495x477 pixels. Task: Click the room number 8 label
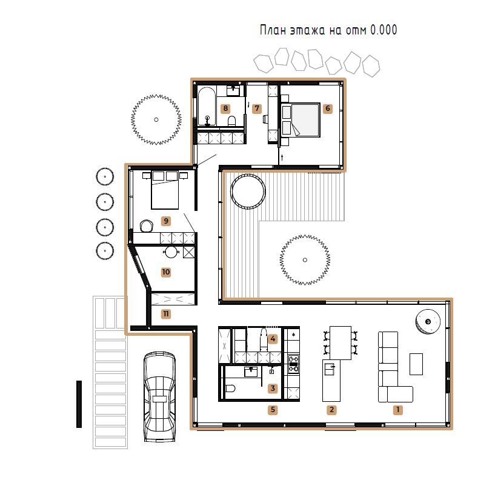[x=225, y=108]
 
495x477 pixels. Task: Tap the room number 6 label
[x=328, y=108]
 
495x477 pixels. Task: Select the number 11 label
[x=166, y=314]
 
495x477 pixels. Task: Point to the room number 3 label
[x=273, y=389]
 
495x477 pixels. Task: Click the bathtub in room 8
[x=207, y=106]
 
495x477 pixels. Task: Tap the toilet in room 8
[x=231, y=121]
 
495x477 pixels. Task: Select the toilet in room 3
[x=230, y=389]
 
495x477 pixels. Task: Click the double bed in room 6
[x=301, y=120]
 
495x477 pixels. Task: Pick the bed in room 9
[x=165, y=190]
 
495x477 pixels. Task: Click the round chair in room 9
[x=147, y=225]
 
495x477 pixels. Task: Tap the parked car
[x=159, y=396]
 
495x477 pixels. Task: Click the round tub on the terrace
[x=248, y=192]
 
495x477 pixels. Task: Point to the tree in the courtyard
[x=305, y=260]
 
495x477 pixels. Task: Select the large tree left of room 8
[x=156, y=120]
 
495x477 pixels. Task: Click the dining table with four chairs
[x=341, y=342]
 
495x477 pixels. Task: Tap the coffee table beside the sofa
[x=416, y=364]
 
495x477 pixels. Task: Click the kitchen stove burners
[x=293, y=364]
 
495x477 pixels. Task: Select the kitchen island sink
[x=329, y=369]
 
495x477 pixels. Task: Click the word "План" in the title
[x=273, y=30]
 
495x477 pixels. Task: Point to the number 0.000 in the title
[x=384, y=30]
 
